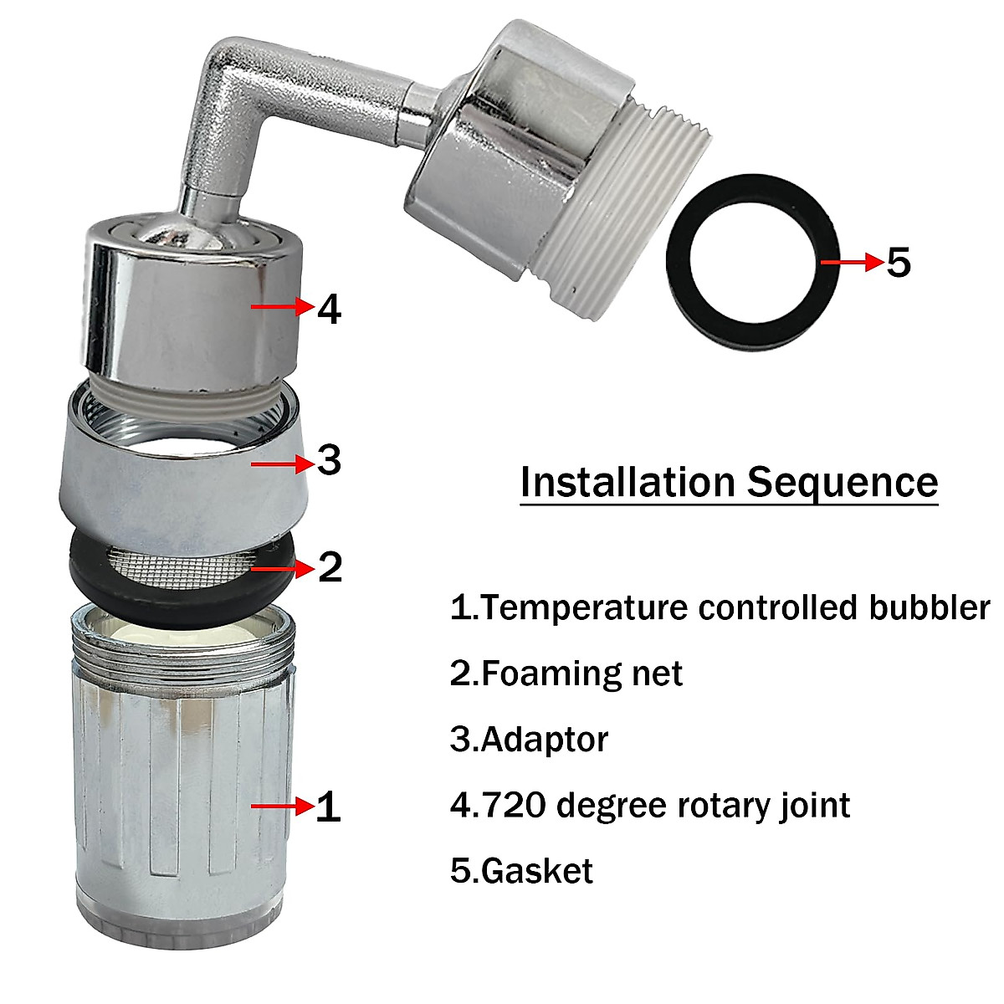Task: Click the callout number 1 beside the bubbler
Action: point(328,807)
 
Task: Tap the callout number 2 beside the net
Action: point(330,568)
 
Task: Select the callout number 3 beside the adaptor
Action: point(329,461)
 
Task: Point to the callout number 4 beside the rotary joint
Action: point(330,310)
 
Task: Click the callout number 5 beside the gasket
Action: point(897,263)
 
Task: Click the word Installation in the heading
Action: point(627,483)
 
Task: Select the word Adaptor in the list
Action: point(545,740)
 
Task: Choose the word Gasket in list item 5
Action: point(537,871)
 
